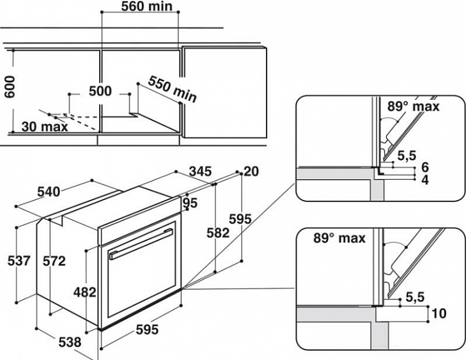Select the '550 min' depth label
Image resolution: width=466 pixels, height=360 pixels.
tap(172, 89)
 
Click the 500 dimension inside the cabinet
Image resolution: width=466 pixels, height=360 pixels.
tap(100, 91)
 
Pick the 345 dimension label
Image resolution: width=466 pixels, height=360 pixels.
tap(200, 171)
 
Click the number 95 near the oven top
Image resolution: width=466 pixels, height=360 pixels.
tap(190, 203)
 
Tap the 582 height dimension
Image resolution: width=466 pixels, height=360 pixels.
tap(217, 233)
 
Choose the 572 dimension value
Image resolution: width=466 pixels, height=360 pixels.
tap(58, 261)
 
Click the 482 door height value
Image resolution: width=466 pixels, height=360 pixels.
tap(84, 292)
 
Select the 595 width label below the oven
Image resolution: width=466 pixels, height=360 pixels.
tap(146, 330)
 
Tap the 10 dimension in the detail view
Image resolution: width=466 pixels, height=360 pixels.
tap(439, 314)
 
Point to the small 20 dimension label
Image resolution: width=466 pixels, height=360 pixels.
tap(251, 171)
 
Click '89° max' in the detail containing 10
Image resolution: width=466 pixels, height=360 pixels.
tap(339, 238)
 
